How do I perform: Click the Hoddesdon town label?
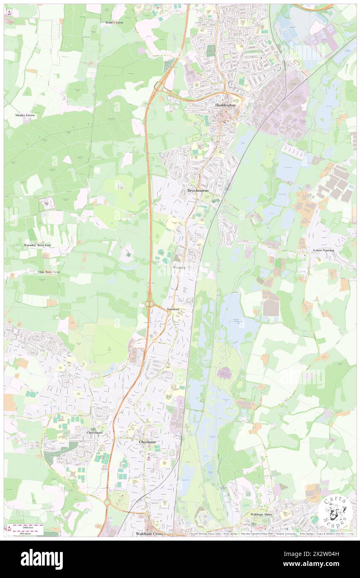click(225, 106)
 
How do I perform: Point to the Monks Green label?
click(25, 115)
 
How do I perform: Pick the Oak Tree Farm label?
click(49, 272)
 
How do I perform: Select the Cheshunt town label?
click(147, 441)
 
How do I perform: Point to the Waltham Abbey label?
click(261, 514)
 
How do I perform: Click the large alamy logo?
click(42, 559)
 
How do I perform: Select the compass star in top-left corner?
click(9, 13)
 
